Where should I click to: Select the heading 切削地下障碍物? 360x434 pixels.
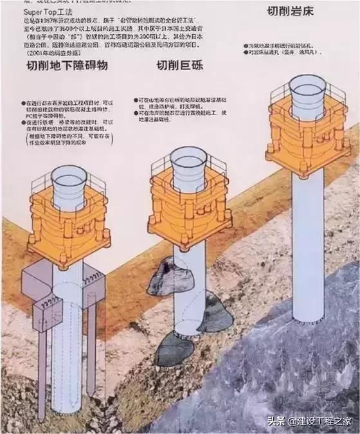66,66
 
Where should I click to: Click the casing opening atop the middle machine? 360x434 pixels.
188,155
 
